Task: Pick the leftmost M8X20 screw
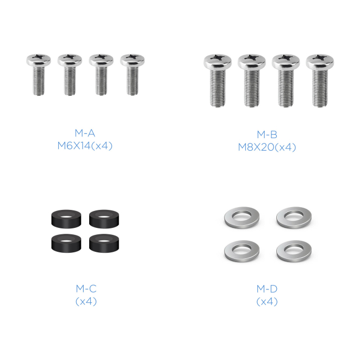click(218, 80)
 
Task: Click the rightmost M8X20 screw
click(320, 80)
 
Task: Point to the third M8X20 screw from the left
click(286, 80)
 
